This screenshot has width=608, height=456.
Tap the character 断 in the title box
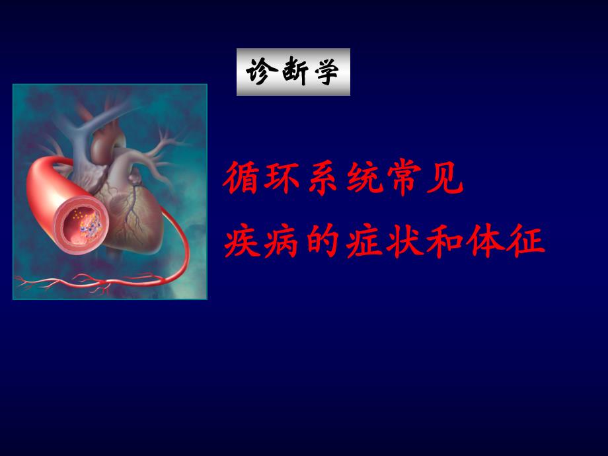coord(293,71)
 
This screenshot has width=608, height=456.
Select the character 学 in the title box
coord(326,71)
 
